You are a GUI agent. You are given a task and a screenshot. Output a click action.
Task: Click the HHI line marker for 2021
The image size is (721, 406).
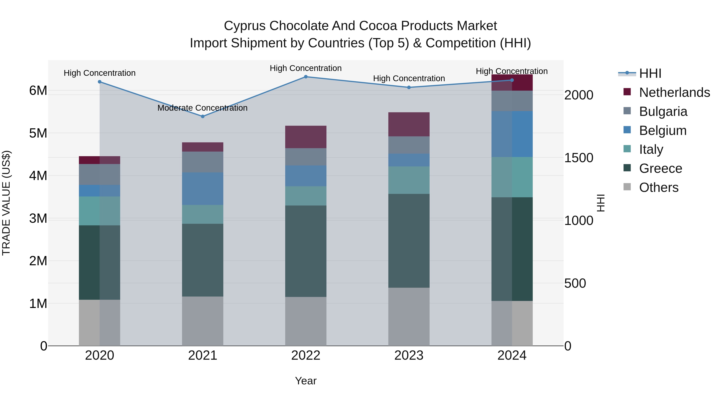pyautogui.click(x=203, y=116)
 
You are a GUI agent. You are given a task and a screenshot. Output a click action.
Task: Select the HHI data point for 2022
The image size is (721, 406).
pyautogui.click(x=306, y=77)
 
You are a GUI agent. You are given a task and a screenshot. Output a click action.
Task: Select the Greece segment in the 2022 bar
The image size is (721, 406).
pyautogui.click(x=306, y=251)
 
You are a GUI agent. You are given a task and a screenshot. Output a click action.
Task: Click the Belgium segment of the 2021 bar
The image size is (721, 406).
pyautogui.click(x=203, y=189)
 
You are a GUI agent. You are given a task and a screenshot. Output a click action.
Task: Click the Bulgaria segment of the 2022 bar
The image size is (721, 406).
pyautogui.click(x=306, y=157)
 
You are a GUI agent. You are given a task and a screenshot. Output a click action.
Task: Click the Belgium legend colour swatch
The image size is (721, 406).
pyautogui.click(x=627, y=130)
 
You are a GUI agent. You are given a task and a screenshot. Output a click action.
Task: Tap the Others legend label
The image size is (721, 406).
pyautogui.click(x=659, y=187)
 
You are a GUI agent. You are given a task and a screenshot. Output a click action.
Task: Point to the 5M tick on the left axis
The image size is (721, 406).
pyautogui.click(x=38, y=133)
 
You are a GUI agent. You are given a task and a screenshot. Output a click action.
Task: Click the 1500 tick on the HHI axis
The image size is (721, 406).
pyautogui.click(x=578, y=158)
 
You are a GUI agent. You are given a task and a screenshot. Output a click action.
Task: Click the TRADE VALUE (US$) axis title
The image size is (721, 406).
pyautogui.click(x=6, y=203)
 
